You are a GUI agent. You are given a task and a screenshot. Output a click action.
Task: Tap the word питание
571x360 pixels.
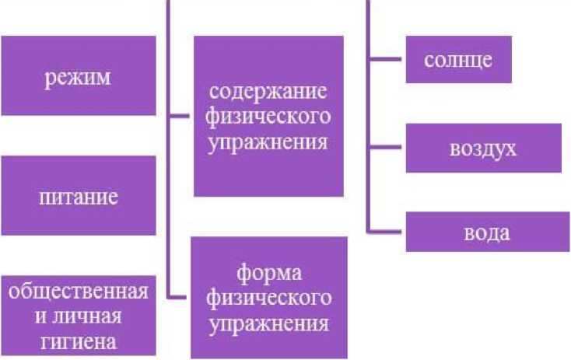pos(78,196)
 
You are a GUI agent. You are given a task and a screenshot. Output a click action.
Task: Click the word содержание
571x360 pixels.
pos(269,90)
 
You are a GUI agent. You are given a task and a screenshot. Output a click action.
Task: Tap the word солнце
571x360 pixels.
pos(458,60)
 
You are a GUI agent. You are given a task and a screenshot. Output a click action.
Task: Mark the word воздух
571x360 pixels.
pos(482,148)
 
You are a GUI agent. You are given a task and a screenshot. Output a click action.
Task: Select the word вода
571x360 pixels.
pos(487,232)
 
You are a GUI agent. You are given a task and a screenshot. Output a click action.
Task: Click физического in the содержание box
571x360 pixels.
pos(269,117)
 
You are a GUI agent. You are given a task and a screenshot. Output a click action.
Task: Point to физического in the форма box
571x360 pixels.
pos(269,299)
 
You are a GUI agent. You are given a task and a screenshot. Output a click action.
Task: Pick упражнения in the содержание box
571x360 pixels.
pos(269,142)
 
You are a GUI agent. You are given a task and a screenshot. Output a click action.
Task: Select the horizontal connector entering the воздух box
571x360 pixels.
pos(387,146)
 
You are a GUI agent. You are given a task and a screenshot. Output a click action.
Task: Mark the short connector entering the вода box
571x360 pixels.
pos(387,231)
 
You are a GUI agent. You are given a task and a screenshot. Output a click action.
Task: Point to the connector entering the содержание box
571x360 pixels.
pos(180,117)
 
